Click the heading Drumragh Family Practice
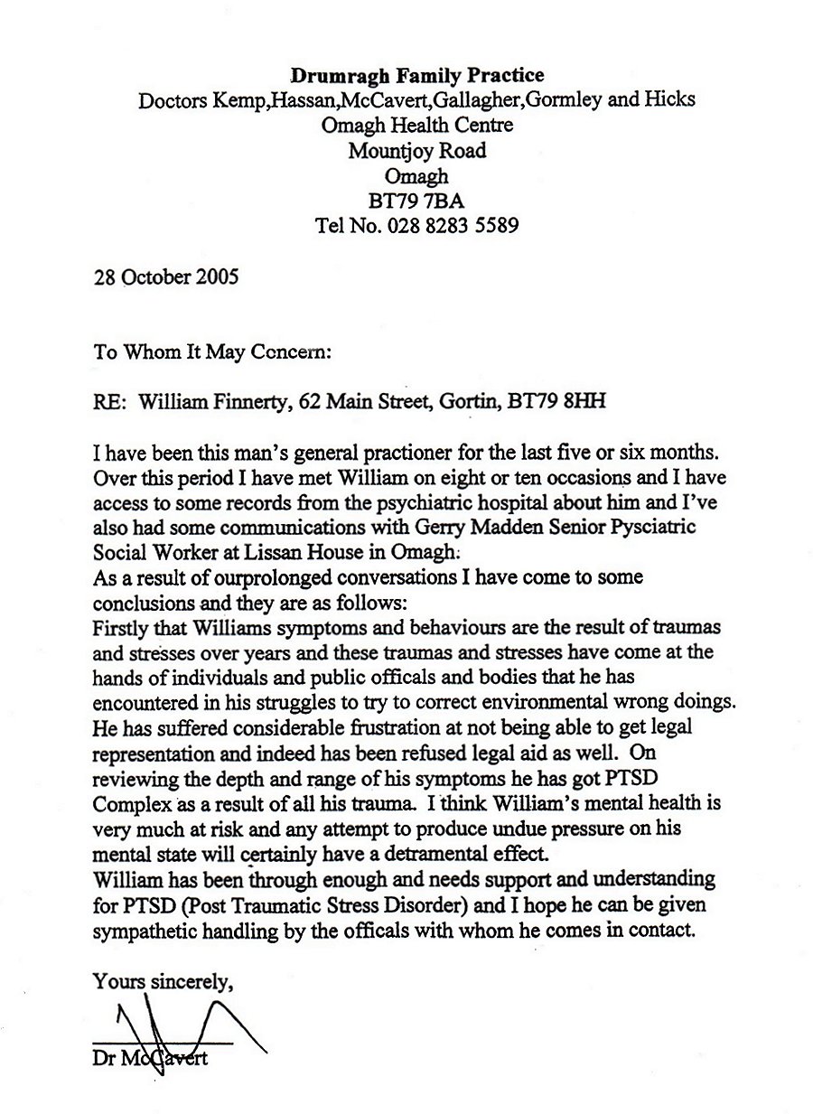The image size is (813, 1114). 416,75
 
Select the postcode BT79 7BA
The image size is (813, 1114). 416,201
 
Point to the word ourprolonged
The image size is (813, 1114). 238,576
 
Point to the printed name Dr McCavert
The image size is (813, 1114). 149,1058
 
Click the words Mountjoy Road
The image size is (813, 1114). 416,151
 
